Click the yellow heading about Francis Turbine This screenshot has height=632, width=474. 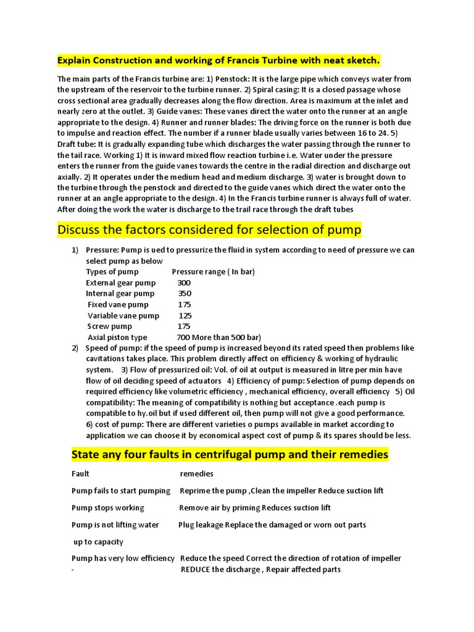(x=218, y=60)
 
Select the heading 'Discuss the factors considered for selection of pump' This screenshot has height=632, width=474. (x=209, y=230)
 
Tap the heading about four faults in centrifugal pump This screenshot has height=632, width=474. (x=230, y=455)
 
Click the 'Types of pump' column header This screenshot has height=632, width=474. (x=112, y=272)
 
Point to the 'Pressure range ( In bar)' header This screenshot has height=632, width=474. (x=213, y=272)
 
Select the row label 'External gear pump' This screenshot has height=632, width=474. (x=121, y=283)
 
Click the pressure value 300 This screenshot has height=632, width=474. (x=183, y=283)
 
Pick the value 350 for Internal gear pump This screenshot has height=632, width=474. (x=185, y=294)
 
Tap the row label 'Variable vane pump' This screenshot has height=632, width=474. (x=123, y=315)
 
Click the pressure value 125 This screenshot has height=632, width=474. (x=185, y=315)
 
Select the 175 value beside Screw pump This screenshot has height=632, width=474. (x=184, y=326)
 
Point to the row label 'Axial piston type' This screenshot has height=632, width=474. (x=117, y=338)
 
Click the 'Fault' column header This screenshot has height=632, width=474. (x=80, y=474)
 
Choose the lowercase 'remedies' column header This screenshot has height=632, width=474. (x=196, y=474)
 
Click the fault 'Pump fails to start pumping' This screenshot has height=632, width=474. (x=121, y=491)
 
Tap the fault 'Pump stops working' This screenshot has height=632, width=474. (x=108, y=508)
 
